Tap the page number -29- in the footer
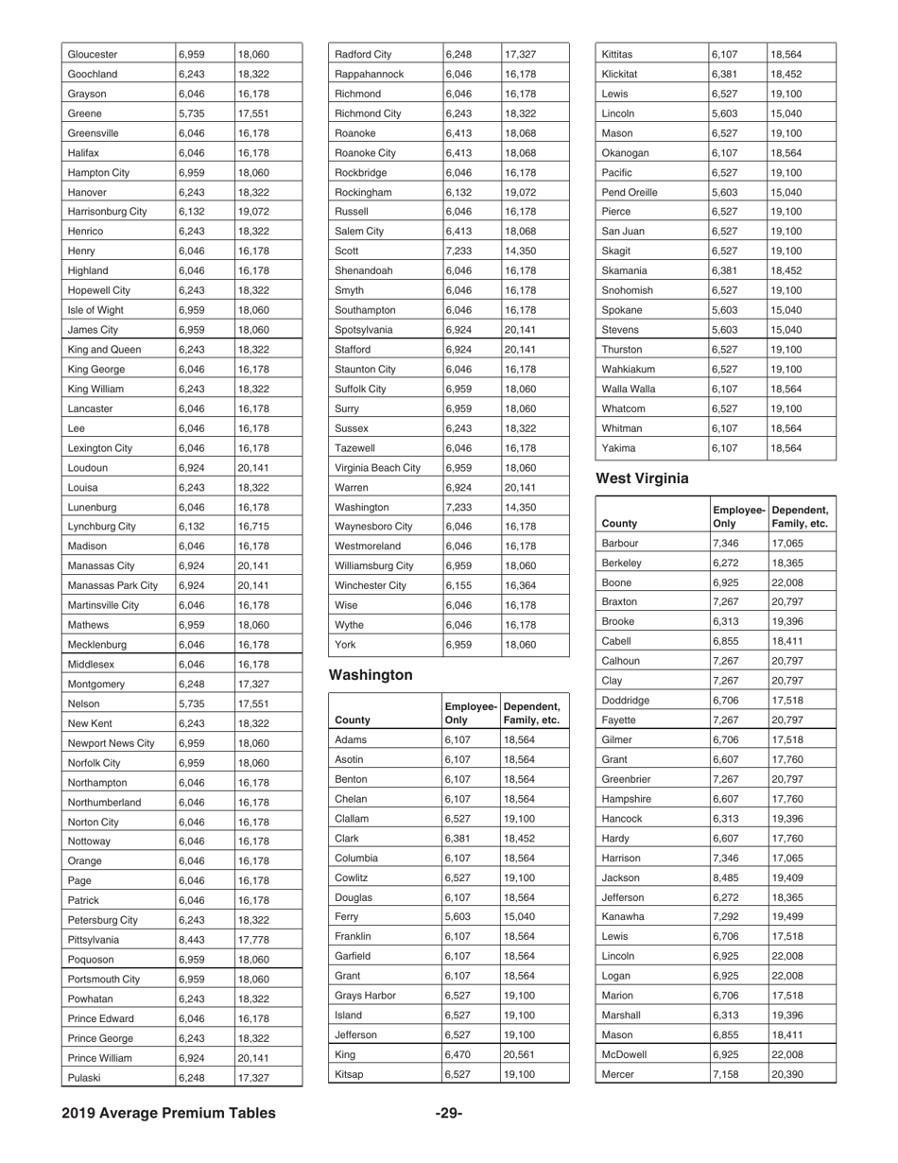448,1113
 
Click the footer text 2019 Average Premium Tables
169,1113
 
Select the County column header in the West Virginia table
619,522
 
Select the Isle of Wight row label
96,310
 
